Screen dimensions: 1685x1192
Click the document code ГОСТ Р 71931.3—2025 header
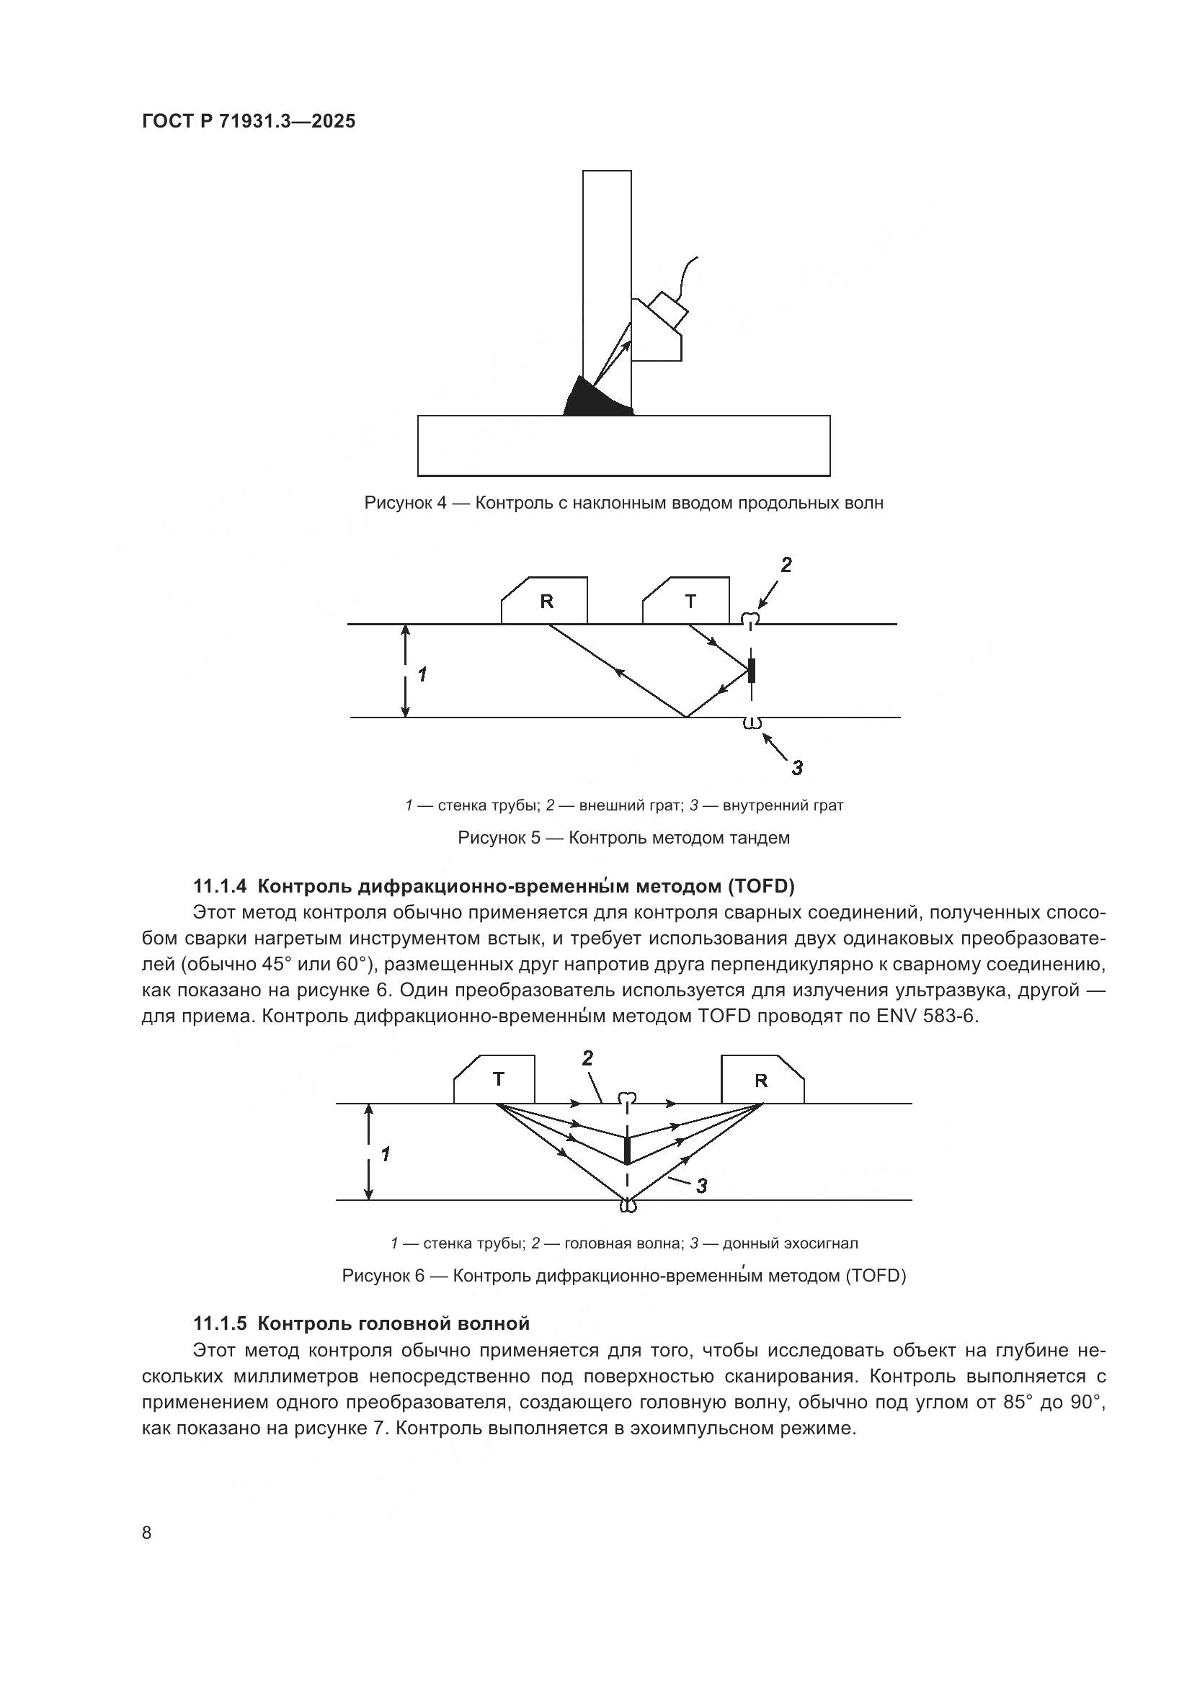(248, 121)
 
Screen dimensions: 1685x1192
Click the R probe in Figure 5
(546, 602)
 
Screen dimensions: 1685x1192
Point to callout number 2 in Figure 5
(786, 565)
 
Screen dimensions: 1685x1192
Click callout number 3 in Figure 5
(797, 768)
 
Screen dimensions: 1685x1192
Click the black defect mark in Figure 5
(750, 671)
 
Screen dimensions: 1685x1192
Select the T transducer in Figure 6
(496, 1080)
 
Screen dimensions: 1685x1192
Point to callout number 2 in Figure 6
(587, 1058)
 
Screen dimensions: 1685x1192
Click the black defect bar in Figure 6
(627, 1150)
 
